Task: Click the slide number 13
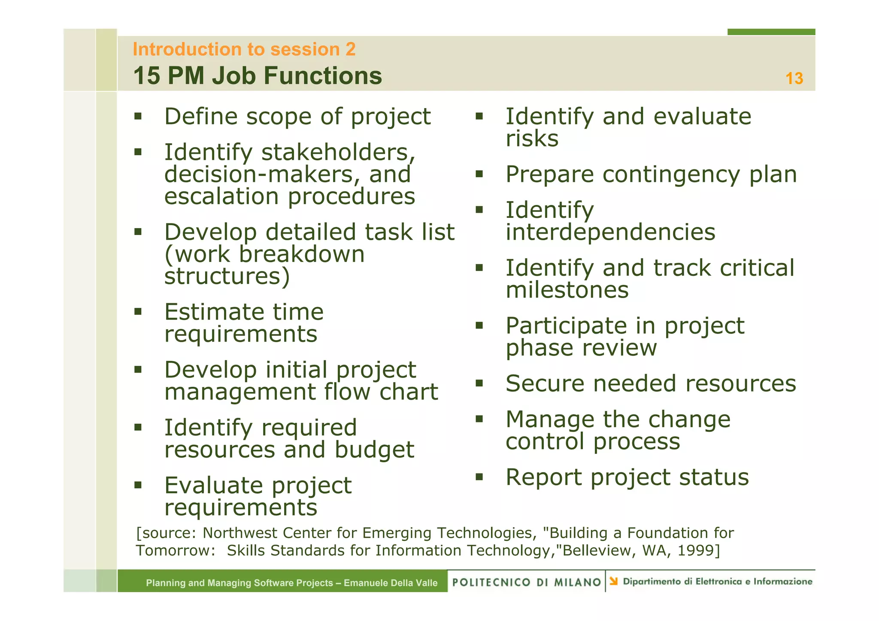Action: coord(794,78)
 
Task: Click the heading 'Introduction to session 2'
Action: coord(244,49)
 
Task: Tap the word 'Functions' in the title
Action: coord(322,76)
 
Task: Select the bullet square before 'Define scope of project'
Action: coord(138,116)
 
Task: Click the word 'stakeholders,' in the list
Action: coord(338,153)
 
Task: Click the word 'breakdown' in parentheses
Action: coord(301,254)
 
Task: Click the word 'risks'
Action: coord(532,139)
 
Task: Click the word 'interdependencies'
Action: coord(610,232)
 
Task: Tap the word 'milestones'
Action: coord(567,290)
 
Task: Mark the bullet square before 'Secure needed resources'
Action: coord(479,383)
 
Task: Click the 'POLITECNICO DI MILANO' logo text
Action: coord(526,582)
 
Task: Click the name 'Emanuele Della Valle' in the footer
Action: coord(391,583)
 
